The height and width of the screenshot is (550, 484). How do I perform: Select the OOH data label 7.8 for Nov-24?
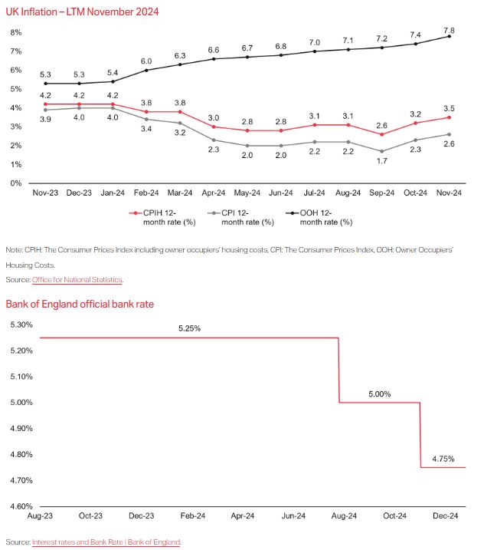[449, 24]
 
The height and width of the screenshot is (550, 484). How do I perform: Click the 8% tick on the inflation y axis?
[15, 32]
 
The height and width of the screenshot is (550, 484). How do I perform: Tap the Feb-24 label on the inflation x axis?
[146, 195]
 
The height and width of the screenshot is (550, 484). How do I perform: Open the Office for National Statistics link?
[77, 280]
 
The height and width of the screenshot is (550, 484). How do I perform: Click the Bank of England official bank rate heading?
[80, 304]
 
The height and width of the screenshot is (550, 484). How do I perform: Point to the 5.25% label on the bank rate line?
[189, 328]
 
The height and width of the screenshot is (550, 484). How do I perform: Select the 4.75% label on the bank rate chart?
[443, 459]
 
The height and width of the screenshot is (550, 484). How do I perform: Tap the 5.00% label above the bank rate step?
[379, 394]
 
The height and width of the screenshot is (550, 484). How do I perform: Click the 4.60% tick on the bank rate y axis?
[20, 506]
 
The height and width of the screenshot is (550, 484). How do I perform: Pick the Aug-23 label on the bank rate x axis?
[41, 518]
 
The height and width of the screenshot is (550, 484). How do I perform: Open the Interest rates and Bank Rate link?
[106, 542]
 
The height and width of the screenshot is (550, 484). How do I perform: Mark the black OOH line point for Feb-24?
[146, 70]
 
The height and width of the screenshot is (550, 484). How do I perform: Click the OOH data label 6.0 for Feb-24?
[146, 60]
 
